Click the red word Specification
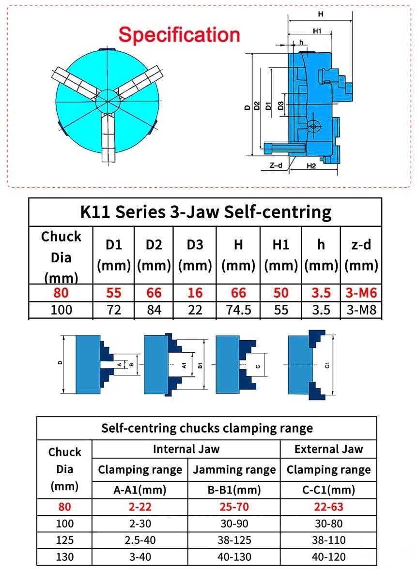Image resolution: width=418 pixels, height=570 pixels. click(x=179, y=35)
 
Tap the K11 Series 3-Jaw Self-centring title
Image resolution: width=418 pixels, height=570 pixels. click(x=205, y=212)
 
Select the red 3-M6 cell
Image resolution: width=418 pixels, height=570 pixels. click(x=361, y=293)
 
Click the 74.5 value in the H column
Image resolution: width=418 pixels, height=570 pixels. click(x=238, y=310)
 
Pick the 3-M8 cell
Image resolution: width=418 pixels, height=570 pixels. click(x=361, y=310)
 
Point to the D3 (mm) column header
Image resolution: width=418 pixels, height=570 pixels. click(x=195, y=255)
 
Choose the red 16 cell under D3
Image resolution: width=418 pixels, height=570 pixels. click(x=195, y=293)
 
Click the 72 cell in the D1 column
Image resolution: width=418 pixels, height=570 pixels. click(x=114, y=310)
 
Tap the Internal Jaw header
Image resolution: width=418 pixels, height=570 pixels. click(x=186, y=449)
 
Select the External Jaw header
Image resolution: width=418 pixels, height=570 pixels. click(x=328, y=449)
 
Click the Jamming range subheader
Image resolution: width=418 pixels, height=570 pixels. click(x=234, y=469)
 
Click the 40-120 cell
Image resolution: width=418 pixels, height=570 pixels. click(x=328, y=557)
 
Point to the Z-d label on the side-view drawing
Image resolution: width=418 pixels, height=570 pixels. click(x=276, y=165)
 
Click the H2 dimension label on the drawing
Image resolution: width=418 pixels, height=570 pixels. click(x=311, y=166)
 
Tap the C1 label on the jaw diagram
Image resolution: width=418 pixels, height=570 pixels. click(x=327, y=366)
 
